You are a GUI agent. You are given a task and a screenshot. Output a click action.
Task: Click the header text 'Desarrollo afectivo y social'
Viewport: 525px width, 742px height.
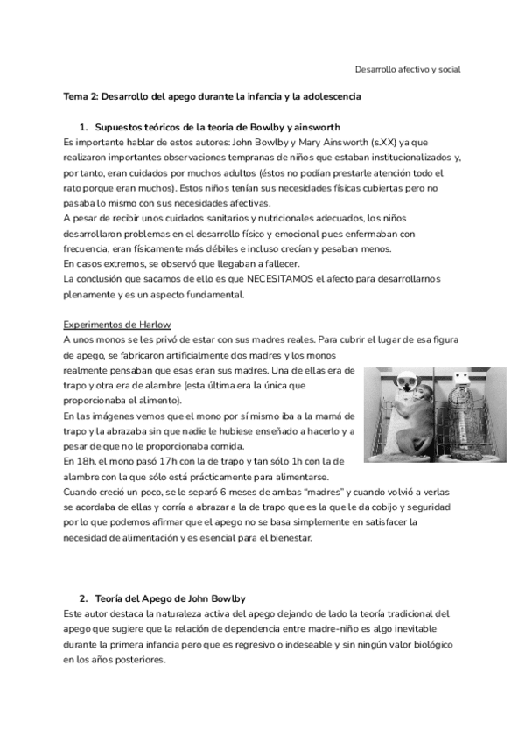[x=407, y=68]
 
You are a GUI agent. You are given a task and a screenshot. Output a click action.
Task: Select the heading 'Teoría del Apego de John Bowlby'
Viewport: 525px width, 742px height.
[x=167, y=598]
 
